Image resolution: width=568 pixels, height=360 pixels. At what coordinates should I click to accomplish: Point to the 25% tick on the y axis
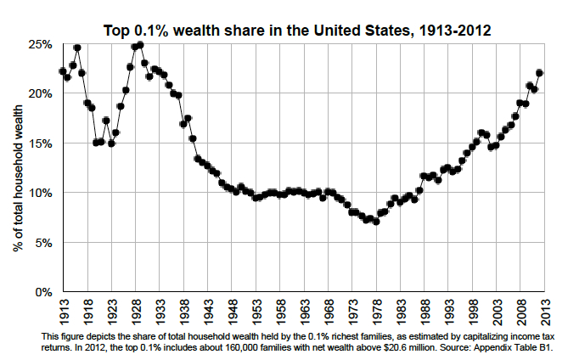click(42, 44)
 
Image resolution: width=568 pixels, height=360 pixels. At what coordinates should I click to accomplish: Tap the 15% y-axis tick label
click(42, 143)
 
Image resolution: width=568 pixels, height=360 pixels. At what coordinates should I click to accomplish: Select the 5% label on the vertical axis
click(44, 243)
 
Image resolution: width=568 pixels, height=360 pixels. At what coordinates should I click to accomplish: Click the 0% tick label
click(44, 292)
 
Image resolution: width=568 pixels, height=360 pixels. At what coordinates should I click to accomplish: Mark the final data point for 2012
click(539, 73)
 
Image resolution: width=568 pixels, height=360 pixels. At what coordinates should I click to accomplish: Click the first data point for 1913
click(63, 71)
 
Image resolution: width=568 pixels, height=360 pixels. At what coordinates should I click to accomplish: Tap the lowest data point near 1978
click(376, 222)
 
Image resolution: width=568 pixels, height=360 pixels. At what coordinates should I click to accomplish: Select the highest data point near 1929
click(140, 44)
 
